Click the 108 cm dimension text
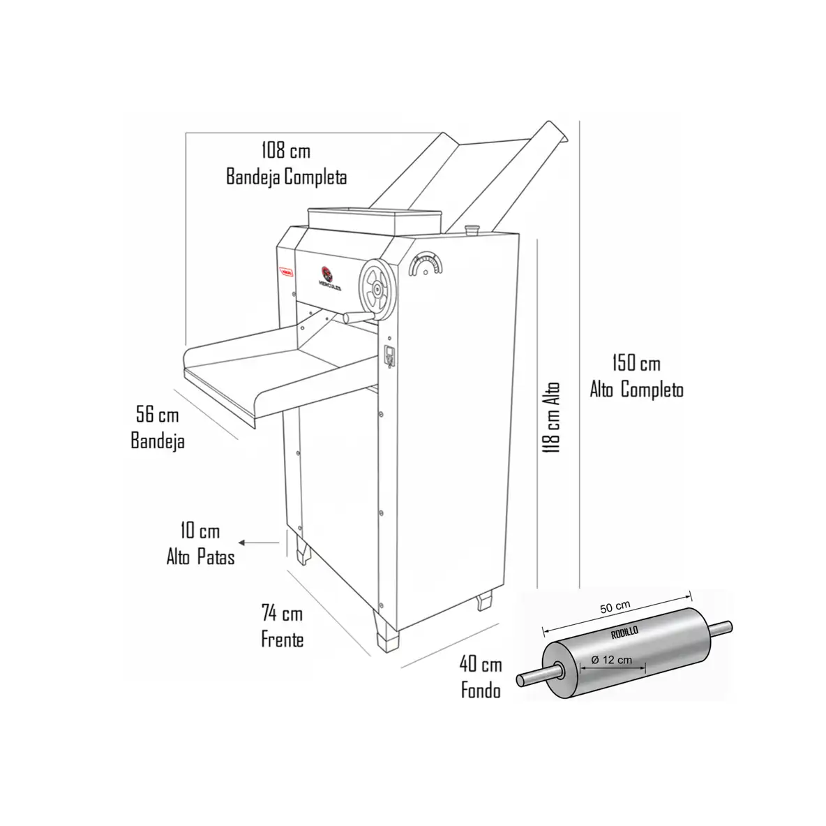[x=285, y=149]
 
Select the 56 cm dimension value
[x=157, y=415]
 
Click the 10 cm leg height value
[x=200, y=531]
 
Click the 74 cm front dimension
[x=282, y=614]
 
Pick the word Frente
[x=282, y=639]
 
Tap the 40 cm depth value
[x=481, y=664]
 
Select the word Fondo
[x=481, y=691]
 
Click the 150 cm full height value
[x=636, y=363]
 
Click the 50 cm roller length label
[x=615, y=607]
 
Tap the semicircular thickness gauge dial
[x=426, y=266]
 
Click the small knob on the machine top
[x=472, y=228]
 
